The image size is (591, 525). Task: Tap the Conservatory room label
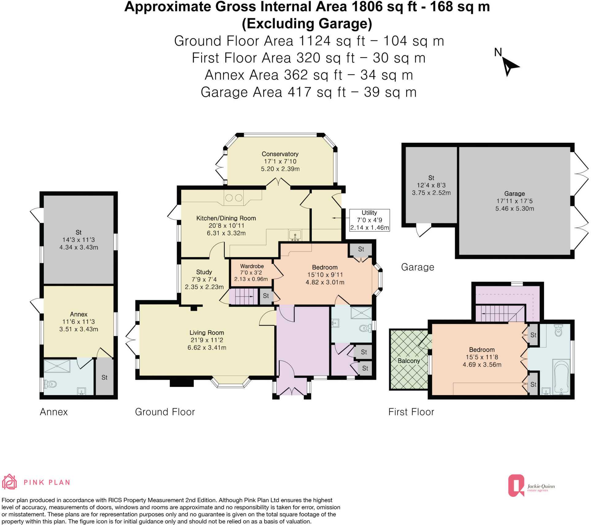point(280,154)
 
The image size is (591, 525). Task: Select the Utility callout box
point(369,220)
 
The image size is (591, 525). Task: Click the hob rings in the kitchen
point(234,198)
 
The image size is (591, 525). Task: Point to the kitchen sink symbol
point(295,236)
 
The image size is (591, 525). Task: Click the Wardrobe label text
point(252,266)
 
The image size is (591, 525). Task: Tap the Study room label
point(204,272)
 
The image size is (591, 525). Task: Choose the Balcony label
point(409,361)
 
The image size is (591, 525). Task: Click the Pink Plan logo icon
point(9,482)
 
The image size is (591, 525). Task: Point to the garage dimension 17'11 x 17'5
point(514,201)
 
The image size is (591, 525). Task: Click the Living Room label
point(207,333)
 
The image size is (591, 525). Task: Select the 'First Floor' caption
point(411,412)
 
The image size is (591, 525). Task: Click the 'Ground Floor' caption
point(165,412)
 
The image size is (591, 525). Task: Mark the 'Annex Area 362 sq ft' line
point(309,75)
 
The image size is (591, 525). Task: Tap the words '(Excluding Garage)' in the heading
point(307,24)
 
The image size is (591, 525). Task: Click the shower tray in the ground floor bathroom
point(361,313)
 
